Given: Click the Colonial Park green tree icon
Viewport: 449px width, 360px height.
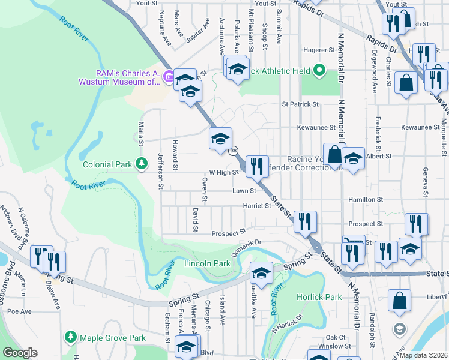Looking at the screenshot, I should click(142, 163).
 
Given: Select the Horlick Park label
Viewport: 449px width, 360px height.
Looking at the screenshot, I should click(319, 297).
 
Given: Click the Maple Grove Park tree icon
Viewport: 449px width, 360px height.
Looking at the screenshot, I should click(71, 338).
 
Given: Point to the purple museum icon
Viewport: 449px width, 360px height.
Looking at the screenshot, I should click(169, 76).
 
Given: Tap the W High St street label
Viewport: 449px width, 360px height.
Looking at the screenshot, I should click(224, 172).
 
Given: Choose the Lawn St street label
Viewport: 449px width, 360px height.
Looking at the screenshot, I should click(244, 191).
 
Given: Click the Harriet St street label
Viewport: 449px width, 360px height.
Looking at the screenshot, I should click(257, 206).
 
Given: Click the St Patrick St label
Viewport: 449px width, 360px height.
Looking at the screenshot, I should click(300, 104).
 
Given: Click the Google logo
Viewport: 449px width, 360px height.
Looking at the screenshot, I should click(20, 353).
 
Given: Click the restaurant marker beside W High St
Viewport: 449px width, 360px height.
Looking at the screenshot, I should click(257, 166).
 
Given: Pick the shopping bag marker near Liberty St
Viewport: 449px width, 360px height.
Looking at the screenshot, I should click(399, 300).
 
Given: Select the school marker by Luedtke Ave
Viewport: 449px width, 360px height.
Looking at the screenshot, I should click(261, 273).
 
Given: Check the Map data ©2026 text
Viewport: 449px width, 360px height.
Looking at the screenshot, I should click(422, 355).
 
